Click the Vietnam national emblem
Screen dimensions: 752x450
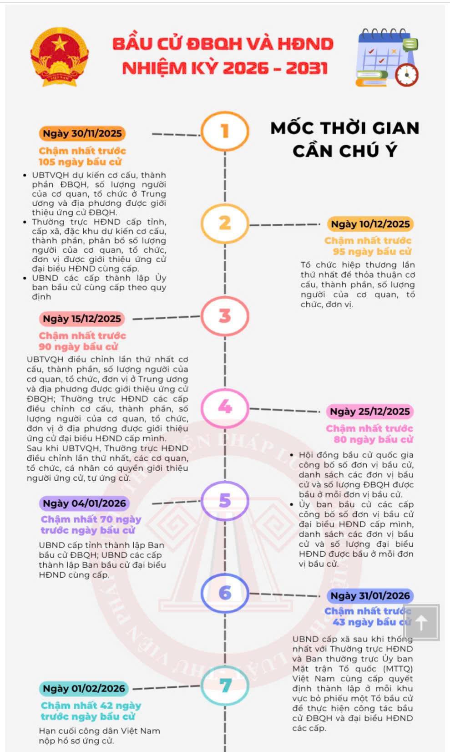point(59,56)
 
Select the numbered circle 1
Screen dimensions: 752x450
point(225,131)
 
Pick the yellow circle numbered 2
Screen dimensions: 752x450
point(225,223)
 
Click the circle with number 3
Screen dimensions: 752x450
point(225,316)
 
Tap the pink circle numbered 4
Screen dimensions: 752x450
point(225,406)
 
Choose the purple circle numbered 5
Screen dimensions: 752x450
point(225,500)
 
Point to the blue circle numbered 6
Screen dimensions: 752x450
point(225,593)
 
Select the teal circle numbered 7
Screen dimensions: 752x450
point(225,686)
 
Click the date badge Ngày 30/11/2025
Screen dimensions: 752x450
point(82,133)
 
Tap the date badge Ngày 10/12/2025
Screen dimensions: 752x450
point(370,224)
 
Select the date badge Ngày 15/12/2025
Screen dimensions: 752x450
point(82,319)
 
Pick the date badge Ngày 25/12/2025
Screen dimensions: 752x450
point(370,412)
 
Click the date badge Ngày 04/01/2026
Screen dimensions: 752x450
point(84,503)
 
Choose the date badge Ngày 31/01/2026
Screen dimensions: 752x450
point(370,595)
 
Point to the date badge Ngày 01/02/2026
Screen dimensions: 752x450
point(84,688)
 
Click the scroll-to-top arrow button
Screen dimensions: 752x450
point(421,623)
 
